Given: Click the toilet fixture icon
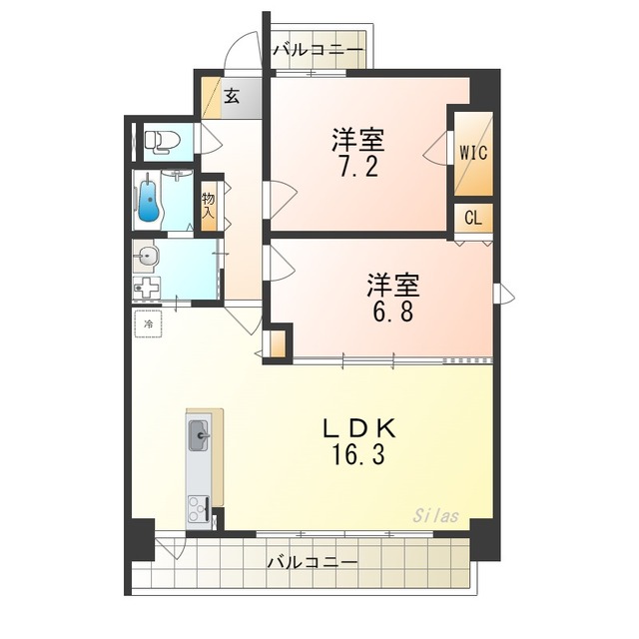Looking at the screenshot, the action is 163,142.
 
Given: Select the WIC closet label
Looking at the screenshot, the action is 473,153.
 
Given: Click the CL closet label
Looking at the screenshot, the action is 473,219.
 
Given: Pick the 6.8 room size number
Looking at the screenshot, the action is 393,312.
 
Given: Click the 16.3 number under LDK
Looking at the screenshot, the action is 358,454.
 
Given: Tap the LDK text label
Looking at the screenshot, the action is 359,428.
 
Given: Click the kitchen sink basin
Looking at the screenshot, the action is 199,435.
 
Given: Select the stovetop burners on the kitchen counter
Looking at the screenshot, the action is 199,508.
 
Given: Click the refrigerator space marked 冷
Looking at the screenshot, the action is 149,323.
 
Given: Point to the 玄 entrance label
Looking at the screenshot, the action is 232,96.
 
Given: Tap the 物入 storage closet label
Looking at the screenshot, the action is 209,206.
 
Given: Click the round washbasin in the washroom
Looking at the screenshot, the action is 145,257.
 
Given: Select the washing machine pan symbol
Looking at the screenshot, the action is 147,289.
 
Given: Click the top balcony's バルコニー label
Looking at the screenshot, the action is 318,50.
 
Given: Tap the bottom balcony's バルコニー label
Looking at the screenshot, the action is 313,563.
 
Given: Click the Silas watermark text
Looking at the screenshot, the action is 436,516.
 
